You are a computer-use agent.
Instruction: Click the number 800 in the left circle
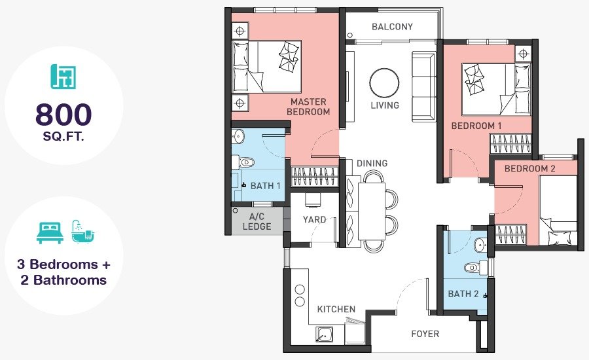tap(63, 115)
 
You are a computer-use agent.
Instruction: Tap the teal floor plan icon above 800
tap(63, 77)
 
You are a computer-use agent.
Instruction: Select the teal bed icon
tap(50, 232)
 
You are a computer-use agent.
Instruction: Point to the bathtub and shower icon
tap(82, 232)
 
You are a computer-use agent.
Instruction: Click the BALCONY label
tap(392, 27)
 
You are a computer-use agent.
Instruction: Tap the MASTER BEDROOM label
tap(308, 107)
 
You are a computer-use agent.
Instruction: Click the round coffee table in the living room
tap(384, 83)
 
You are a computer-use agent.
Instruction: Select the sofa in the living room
tap(423, 87)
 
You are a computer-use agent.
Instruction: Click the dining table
tap(372, 211)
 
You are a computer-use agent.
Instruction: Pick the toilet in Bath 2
tap(476, 268)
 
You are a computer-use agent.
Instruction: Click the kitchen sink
tap(324, 334)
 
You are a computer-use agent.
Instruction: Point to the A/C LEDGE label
tap(257, 221)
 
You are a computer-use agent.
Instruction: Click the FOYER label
tap(425, 334)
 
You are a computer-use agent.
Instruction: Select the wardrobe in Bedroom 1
tap(510, 143)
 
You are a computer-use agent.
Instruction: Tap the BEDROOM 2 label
tap(529, 168)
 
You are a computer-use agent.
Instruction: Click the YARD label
tap(314, 219)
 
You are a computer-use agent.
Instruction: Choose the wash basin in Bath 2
tap(480, 245)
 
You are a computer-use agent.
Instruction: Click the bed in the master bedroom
tap(267, 67)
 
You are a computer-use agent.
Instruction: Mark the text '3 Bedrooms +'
tap(63, 264)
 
